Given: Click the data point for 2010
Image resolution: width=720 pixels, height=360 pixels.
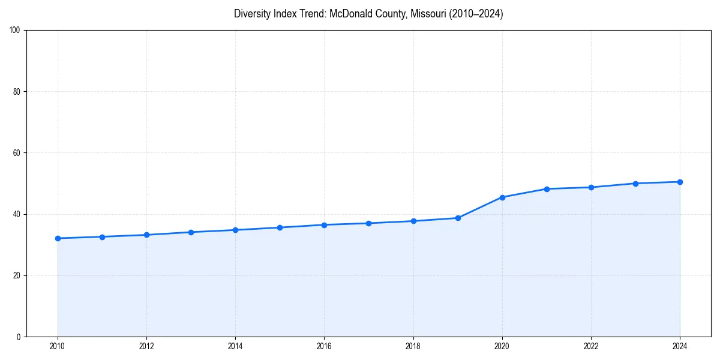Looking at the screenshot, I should pyautogui.click(x=58, y=238).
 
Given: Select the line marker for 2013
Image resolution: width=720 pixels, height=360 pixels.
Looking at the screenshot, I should pyautogui.click(x=191, y=232).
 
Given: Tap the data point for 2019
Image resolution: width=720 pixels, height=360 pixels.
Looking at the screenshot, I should pyautogui.click(x=458, y=218).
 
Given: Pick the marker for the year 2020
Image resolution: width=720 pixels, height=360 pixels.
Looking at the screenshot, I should pyautogui.click(x=502, y=197).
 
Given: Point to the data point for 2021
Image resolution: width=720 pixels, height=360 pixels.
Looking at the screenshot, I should pyautogui.click(x=547, y=189).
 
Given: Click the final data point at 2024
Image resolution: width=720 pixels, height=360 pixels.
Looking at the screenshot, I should pyautogui.click(x=680, y=182).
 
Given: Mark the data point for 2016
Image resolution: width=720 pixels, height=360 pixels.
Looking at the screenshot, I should pyautogui.click(x=324, y=225).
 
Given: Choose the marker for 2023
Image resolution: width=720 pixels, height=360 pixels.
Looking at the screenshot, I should pyautogui.click(x=635, y=184).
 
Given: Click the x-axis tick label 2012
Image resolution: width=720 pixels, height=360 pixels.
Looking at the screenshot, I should pyautogui.click(x=146, y=346).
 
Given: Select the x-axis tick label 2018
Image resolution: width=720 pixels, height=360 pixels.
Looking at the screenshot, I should pyautogui.click(x=413, y=346).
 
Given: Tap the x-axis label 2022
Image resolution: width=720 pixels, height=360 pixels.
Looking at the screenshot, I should pyautogui.click(x=591, y=346).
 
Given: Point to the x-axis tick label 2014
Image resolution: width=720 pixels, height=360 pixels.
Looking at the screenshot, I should pyautogui.click(x=235, y=346).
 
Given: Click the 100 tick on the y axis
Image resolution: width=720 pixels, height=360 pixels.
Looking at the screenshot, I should pyautogui.click(x=15, y=30).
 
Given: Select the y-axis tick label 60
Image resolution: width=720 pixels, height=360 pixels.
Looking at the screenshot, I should pyautogui.click(x=17, y=153).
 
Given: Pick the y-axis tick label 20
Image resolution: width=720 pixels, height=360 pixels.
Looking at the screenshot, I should pyautogui.click(x=17, y=275).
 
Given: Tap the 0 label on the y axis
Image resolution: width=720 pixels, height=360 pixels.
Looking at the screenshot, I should pyautogui.click(x=19, y=337).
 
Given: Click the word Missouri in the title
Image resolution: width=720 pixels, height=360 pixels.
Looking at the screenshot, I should pyautogui.click(x=427, y=14).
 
